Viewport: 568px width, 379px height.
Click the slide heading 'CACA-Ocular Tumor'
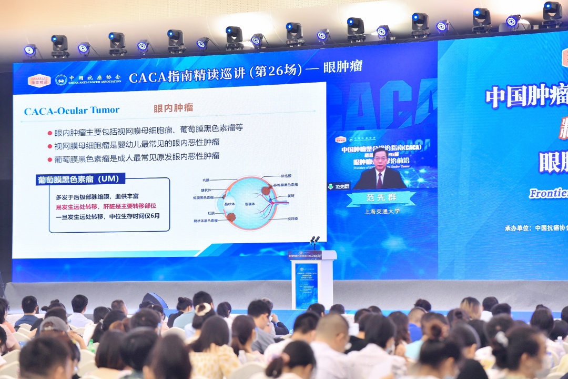coord(72,111)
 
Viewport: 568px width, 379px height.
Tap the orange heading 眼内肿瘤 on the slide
coord(173,108)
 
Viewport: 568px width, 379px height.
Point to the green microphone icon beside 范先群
coord(331,186)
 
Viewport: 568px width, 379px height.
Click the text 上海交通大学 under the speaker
coord(382,211)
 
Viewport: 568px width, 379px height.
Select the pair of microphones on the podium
coord(315,241)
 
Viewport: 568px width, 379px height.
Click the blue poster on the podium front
coord(306,285)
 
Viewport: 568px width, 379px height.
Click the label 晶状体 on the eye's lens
coord(229,203)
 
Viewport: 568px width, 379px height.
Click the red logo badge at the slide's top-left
coord(39,81)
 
